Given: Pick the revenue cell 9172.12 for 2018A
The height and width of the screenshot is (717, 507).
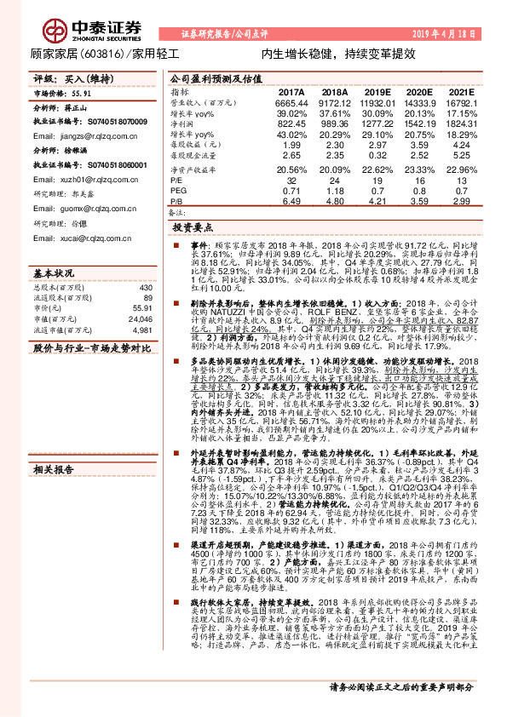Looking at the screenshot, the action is coord(335,102).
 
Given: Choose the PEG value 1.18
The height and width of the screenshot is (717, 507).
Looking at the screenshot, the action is coord(335,192).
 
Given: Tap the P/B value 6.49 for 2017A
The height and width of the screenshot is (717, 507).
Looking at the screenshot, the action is coord(291,202).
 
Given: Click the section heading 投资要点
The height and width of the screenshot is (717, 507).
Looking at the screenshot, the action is coord(193,228).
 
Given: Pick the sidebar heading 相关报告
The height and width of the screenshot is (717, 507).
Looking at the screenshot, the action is coord(55,469).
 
